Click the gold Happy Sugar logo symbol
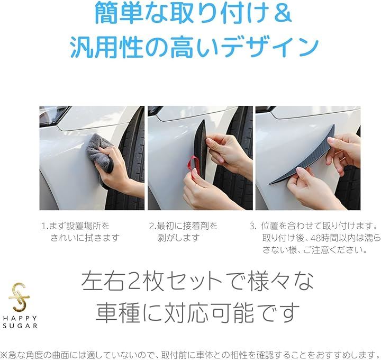(x=19, y=298)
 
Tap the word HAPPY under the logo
(x=20, y=318)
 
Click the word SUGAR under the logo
(x=20, y=326)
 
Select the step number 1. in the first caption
(x=44, y=226)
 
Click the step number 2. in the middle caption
(x=152, y=226)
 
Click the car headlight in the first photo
(x=53, y=115)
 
